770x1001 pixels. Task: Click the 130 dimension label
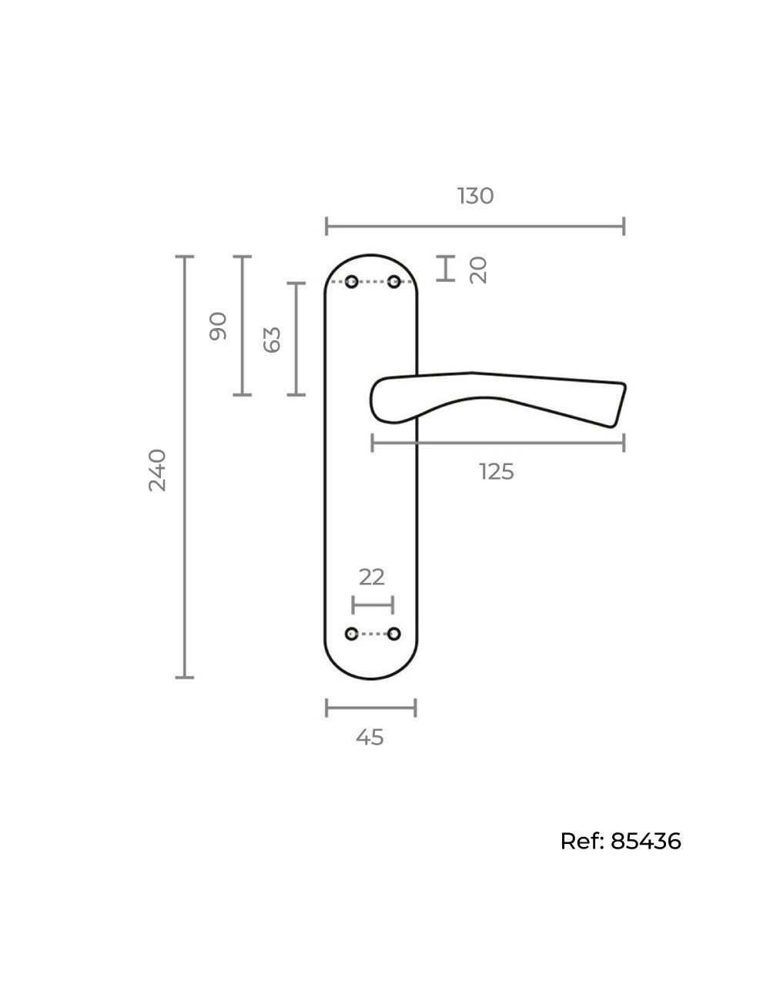(475, 196)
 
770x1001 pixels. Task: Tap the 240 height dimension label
(157, 470)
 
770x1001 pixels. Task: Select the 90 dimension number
(218, 326)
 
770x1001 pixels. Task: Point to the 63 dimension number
(272, 340)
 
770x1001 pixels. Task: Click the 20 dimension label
(478, 270)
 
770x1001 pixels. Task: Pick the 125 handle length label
(497, 471)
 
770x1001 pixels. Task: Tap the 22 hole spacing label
(372, 577)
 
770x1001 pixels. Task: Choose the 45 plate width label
(370, 737)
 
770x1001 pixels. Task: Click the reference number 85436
(646, 842)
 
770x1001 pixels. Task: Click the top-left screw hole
(351, 282)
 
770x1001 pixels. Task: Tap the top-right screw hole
(393, 282)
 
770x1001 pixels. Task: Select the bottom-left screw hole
(351, 634)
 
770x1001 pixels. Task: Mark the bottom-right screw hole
(393, 634)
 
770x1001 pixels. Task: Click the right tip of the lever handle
(625, 385)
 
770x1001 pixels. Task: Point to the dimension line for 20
(446, 268)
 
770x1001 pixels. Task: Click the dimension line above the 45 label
(370, 708)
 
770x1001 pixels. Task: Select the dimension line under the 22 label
(373, 605)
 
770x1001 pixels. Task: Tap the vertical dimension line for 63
(296, 339)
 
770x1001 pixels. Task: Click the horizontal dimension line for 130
(475, 226)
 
